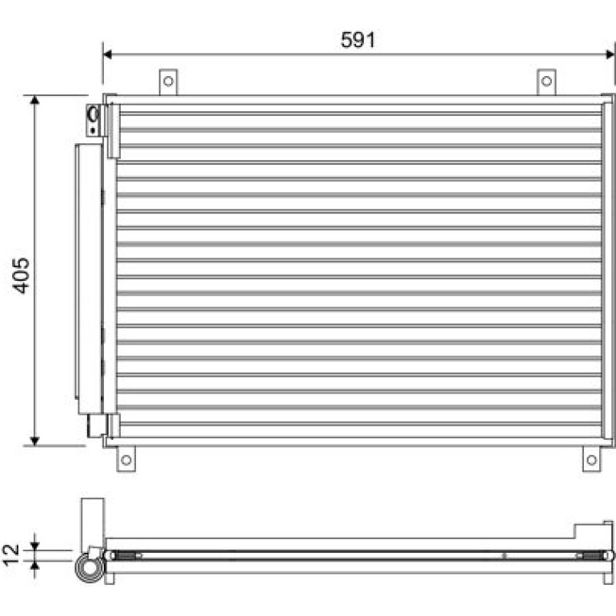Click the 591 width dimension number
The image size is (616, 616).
(x=358, y=40)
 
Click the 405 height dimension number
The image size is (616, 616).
(x=21, y=275)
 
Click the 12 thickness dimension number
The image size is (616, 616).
(x=11, y=554)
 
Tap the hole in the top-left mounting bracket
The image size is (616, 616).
(x=168, y=82)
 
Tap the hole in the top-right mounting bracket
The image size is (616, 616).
(x=546, y=82)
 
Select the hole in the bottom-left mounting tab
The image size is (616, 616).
(x=126, y=460)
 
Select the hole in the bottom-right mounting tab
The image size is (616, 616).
(x=592, y=460)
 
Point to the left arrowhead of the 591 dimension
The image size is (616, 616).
(x=107, y=54)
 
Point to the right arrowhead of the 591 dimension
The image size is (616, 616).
(x=610, y=54)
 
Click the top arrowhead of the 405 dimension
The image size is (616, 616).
(x=34, y=100)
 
